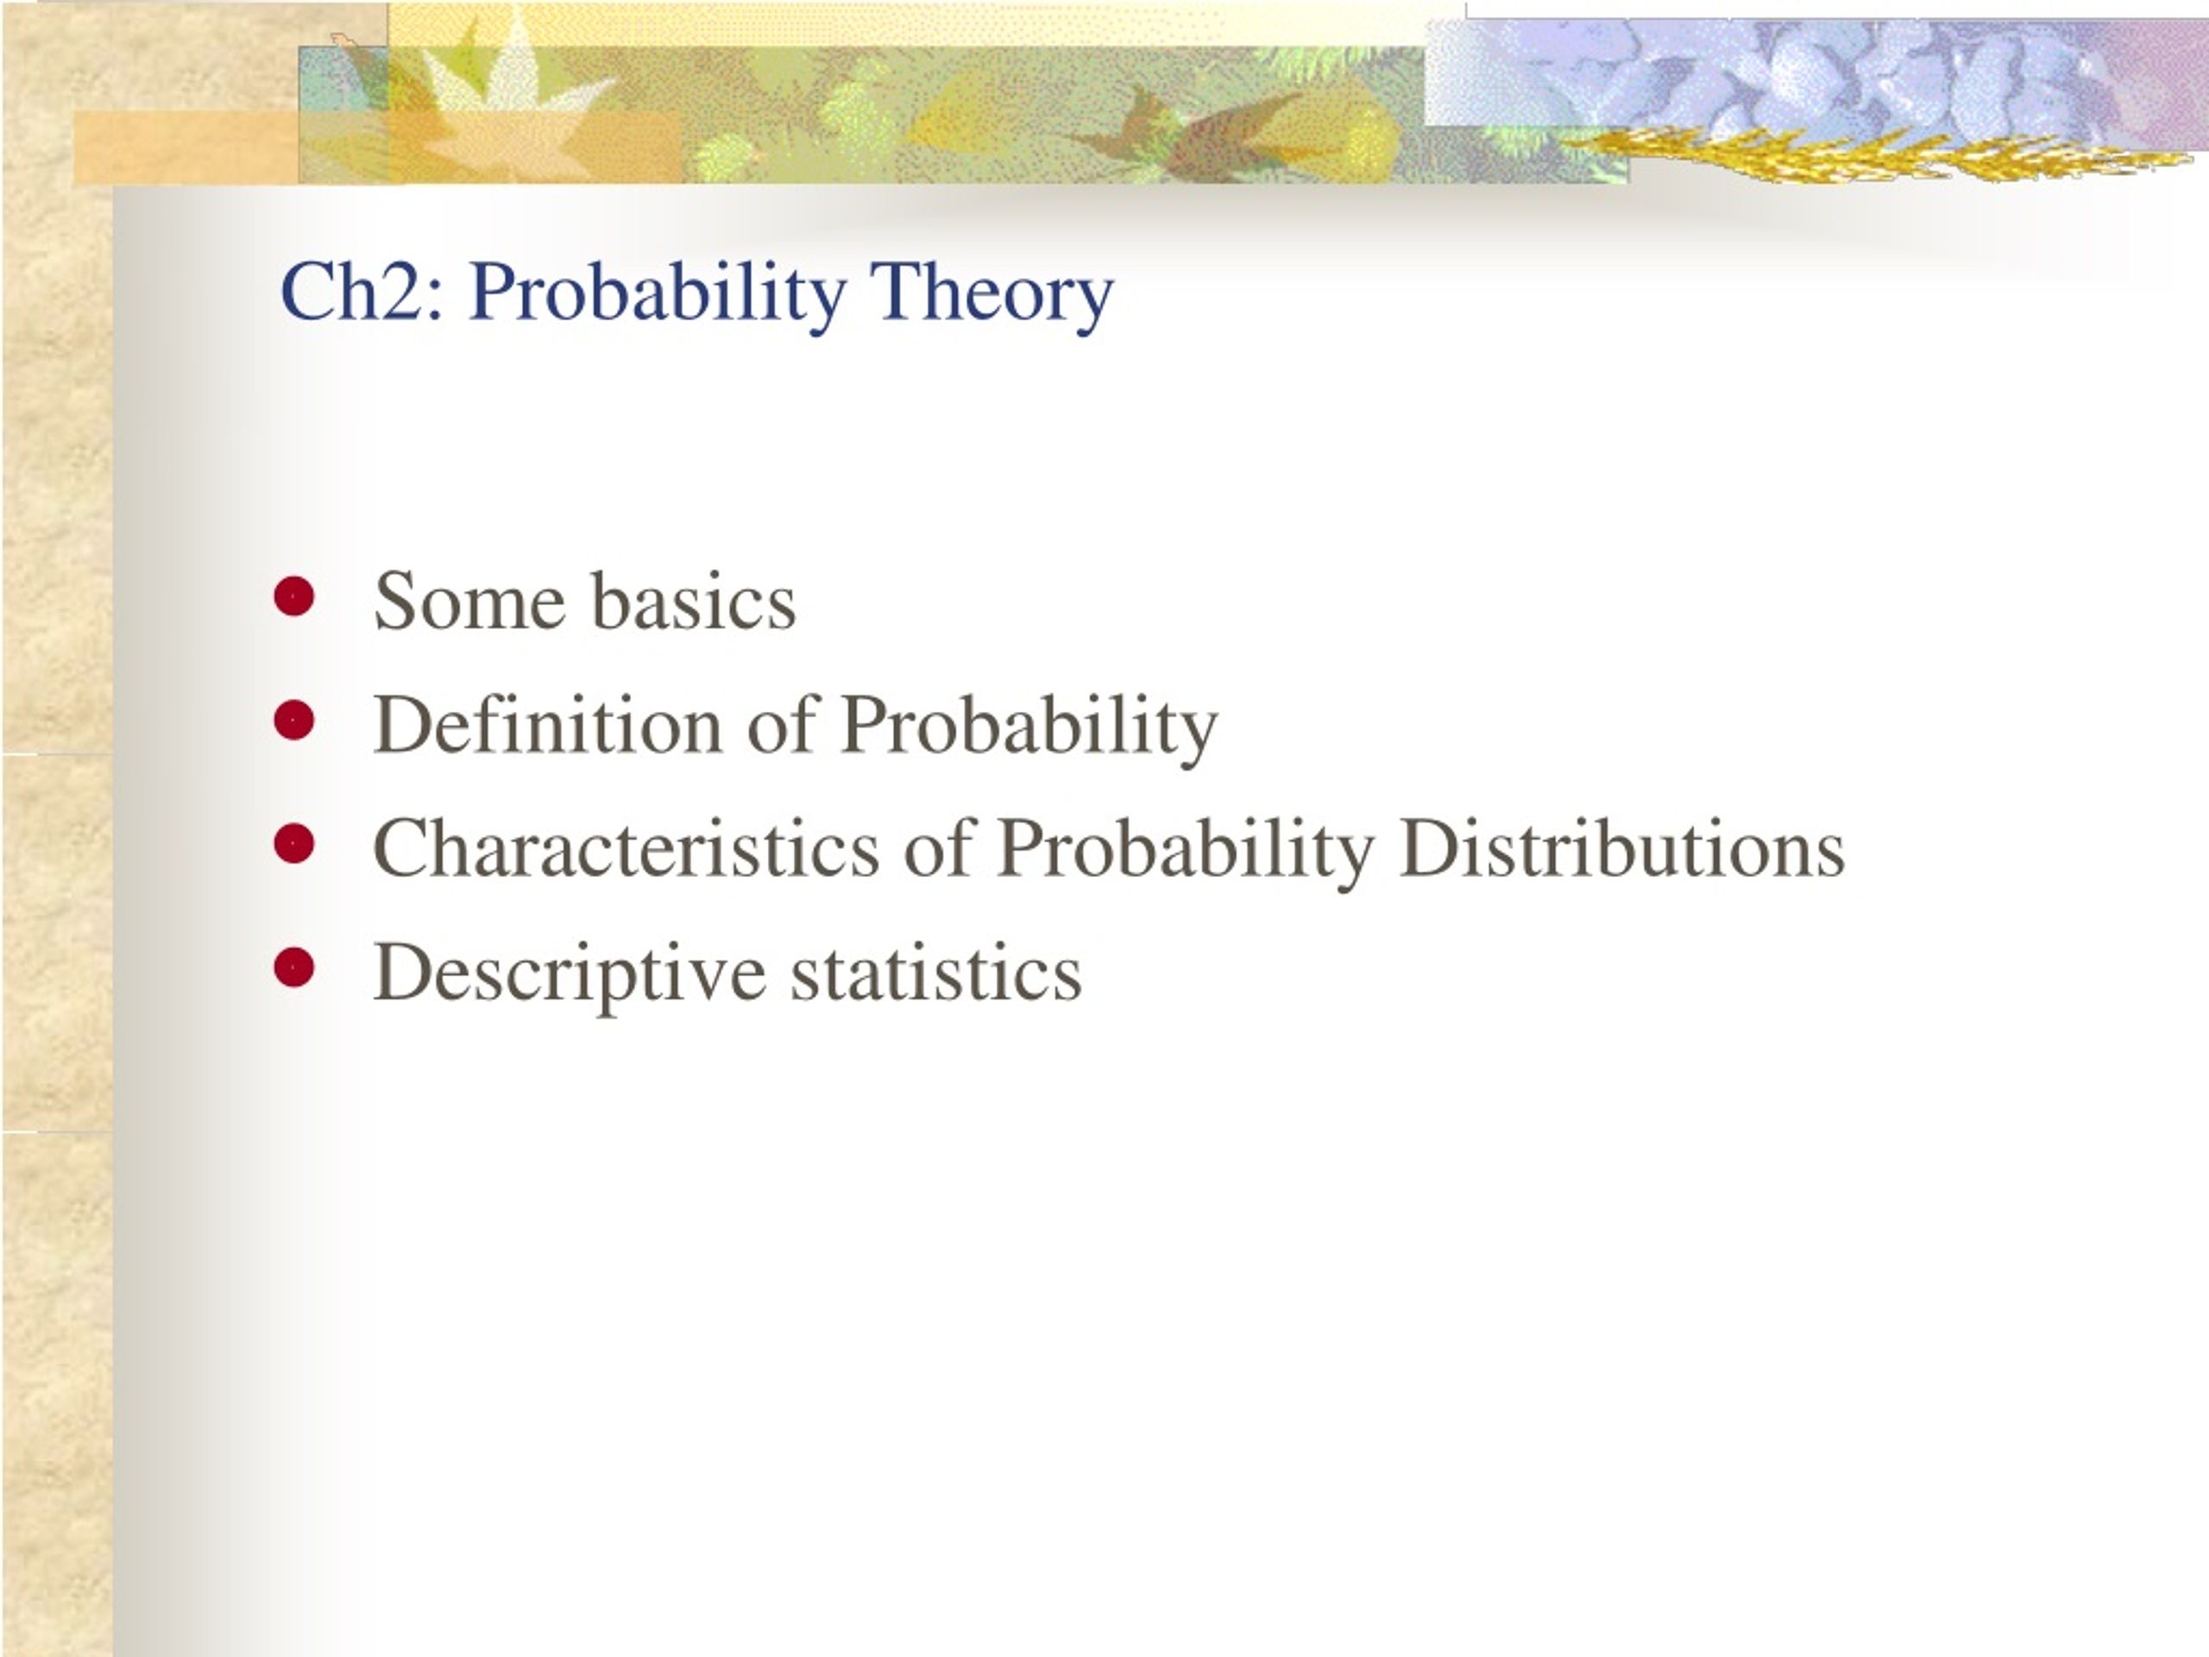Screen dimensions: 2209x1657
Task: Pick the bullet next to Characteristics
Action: [293, 844]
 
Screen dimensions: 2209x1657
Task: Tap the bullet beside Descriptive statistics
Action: [293, 967]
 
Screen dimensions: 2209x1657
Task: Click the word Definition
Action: [546, 724]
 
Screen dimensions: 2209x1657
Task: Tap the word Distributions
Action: [1621, 848]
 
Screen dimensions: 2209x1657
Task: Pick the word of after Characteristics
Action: [938, 848]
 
